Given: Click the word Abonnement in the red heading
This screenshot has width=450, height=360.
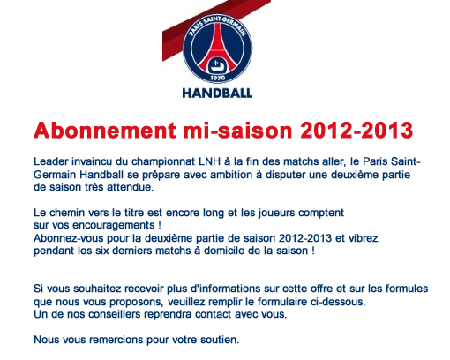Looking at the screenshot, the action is coord(105,130).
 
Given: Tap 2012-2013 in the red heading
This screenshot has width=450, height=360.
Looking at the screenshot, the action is coord(356,130).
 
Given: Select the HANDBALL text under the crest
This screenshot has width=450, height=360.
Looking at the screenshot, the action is coord(217,94).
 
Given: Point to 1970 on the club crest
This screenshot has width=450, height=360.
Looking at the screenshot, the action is coord(218,78).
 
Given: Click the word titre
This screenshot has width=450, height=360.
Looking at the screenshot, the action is coord(134,213).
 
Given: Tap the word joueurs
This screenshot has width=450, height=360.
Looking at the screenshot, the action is coord(276,213).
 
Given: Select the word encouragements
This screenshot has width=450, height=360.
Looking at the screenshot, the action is coord(114,225).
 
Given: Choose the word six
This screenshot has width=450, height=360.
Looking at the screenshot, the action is coord(101,251).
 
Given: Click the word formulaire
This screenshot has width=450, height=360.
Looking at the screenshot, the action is coord(282,302).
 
